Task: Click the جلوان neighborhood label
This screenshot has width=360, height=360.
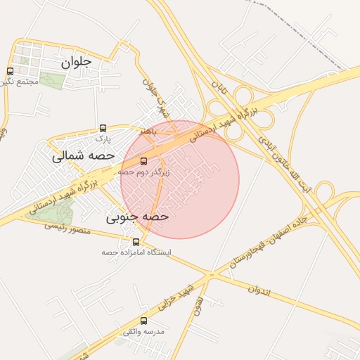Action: point(77,62)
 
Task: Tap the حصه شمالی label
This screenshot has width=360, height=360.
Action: point(79,157)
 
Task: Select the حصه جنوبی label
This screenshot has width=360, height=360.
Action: point(138,217)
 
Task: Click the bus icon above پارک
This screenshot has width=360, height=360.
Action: point(103,129)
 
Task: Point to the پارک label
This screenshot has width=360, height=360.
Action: point(103,139)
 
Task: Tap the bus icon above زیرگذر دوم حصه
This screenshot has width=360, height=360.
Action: point(144,160)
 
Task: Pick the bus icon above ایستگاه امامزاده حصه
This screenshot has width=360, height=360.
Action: point(136,243)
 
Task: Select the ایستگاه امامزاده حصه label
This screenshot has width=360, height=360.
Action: point(136,252)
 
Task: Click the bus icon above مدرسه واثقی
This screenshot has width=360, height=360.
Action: point(144,321)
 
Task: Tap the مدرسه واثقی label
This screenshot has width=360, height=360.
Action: point(144,330)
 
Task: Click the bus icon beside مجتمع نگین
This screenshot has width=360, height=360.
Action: point(9,71)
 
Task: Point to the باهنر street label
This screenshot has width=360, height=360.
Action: point(152,131)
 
